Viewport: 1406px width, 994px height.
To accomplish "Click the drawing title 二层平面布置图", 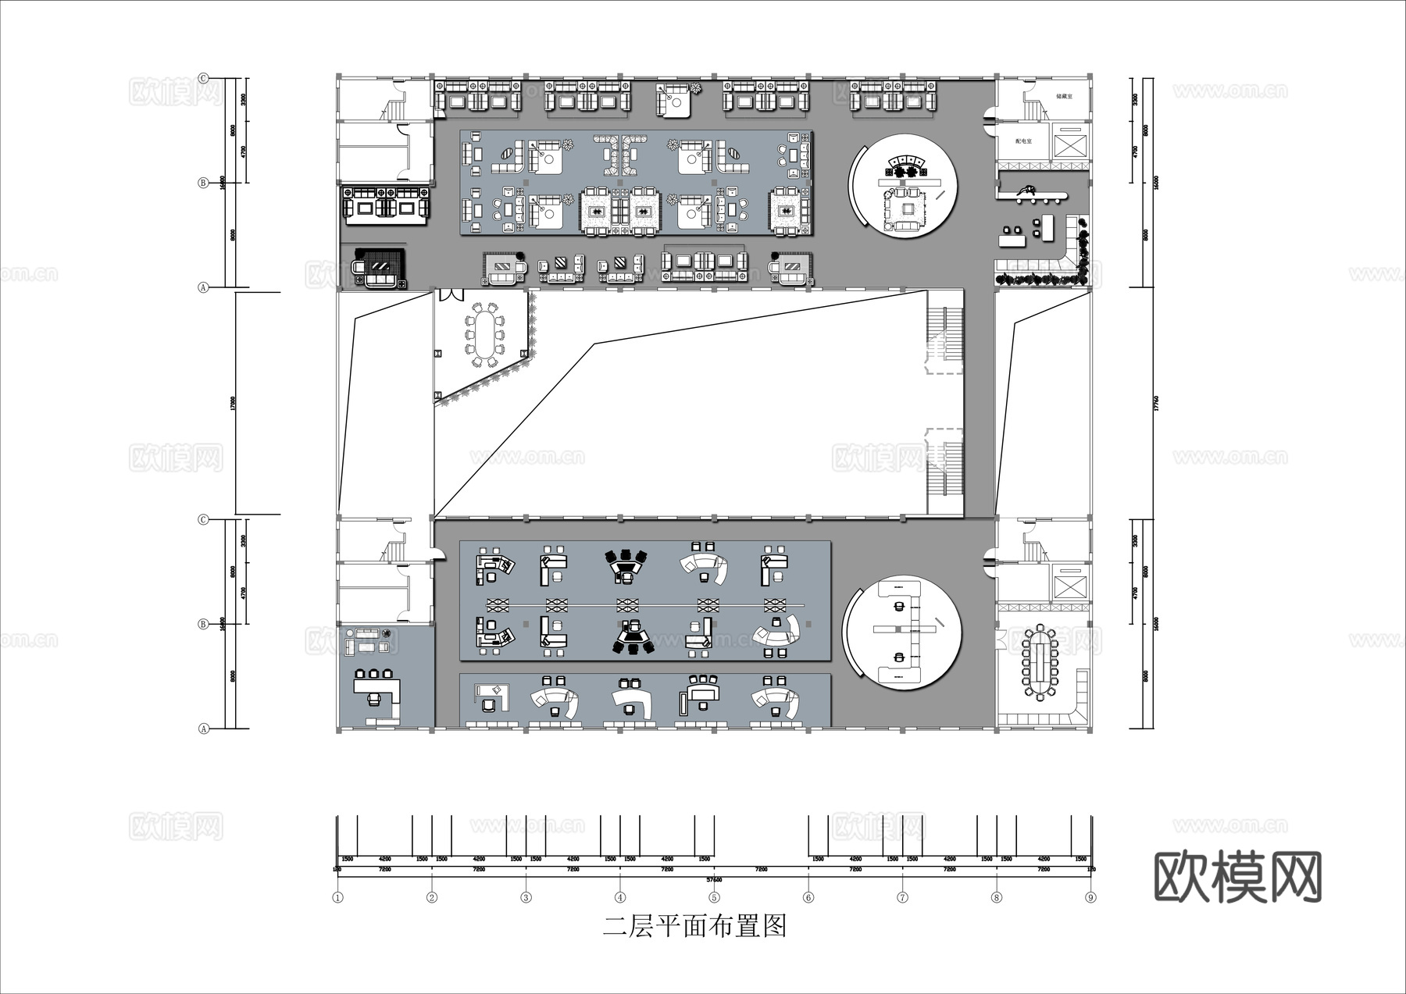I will [694, 927].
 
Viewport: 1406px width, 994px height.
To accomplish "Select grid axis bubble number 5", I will [714, 897].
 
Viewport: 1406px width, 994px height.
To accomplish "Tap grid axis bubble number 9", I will [1090, 897].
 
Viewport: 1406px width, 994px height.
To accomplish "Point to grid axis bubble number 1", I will [337, 897].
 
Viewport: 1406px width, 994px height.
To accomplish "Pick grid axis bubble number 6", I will [808, 897].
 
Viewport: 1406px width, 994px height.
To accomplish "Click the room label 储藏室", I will [1063, 96].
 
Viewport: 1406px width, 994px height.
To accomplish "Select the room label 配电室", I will [1023, 141].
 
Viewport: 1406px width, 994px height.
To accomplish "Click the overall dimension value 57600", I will [714, 879].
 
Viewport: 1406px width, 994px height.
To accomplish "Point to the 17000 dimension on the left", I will [233, 403].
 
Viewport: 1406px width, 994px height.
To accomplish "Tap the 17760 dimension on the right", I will [1155, 403].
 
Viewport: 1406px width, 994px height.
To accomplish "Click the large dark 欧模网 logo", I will [1237, 877].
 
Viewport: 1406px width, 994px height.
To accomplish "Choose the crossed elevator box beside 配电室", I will [1069, 144].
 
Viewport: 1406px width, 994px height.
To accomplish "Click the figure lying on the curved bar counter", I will [1025, 189].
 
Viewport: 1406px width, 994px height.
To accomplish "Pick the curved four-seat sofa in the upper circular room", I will [906, 160].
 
